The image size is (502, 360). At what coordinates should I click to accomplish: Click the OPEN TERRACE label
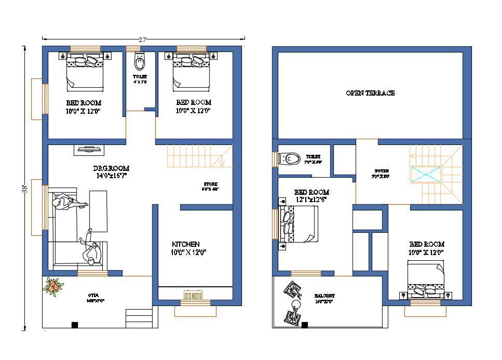click(370, 93)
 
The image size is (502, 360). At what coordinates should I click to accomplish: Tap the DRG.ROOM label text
click(111, 168)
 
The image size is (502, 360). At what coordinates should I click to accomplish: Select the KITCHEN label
click(185, 244)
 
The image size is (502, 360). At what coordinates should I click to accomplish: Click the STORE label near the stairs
click(211, 184)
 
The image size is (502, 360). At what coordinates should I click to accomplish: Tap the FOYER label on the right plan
click(382, 171)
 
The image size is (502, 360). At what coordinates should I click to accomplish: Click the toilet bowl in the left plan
click(139, 63)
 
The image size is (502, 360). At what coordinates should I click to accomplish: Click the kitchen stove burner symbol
click(192, 296)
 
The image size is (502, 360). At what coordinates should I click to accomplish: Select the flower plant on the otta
click(53, 286)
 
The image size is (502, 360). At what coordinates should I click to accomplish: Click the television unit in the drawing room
click(90, 150)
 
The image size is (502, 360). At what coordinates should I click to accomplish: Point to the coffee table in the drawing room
click(99, 211)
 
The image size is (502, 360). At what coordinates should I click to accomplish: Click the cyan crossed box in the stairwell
click(425, 175)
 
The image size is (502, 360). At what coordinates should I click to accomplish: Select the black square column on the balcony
click(305, 325)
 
